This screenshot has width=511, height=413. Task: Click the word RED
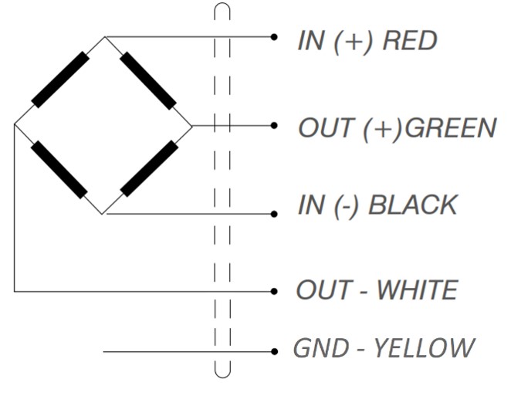[x=410, y=41]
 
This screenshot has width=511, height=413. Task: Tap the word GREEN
[x=450, y=128]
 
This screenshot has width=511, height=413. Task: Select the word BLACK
[x=413, y=205]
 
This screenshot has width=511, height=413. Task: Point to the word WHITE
[x=417, y=289]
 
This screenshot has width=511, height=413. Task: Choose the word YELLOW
[x=423, y=348]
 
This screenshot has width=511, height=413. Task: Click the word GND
[x=321, y=348]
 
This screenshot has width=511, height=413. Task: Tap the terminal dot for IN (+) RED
[x=274, y=37]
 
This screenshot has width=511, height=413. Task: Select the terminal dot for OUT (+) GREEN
[x=274, y=125]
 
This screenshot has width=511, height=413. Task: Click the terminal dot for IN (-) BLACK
[x=274, y=214]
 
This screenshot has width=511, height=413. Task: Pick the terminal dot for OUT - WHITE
[x=274, y=291]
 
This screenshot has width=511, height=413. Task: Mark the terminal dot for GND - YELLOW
[x=274, y=351]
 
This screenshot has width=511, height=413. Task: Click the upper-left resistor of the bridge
[x=60, y=80]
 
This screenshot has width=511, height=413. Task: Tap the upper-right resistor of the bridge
[x=148, y=80]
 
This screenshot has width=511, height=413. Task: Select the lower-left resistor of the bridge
[x=59, y=170]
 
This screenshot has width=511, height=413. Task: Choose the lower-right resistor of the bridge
[x=149, y=168]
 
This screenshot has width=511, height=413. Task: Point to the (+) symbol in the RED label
[x=353, y=42]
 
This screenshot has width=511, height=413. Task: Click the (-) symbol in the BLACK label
[x=346, y=206]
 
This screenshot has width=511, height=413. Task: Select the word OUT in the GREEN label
[x=326, y=128]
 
